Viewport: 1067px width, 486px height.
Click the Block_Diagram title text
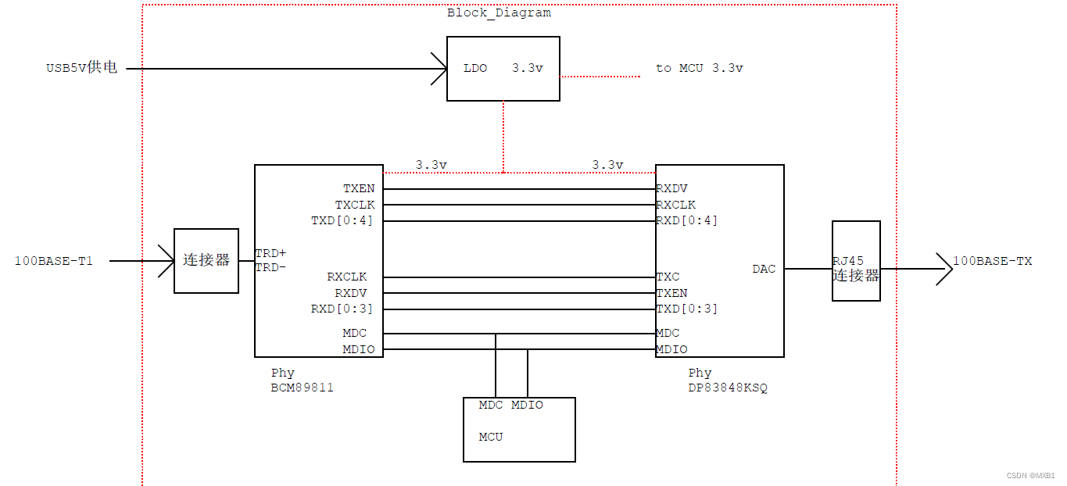pos(499,13)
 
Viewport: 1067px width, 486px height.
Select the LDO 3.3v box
pos(503,69)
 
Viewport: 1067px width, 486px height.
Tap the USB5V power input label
pos(81,68)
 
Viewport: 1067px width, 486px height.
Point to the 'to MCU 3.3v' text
pos(700,68)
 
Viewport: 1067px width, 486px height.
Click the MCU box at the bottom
pos(519,430)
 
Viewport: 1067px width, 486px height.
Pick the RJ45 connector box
pos(856,261)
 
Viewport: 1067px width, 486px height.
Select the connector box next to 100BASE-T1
pos(206,261)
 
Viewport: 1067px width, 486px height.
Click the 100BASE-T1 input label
pos(54,261)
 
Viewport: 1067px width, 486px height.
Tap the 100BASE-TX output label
pos(992,261)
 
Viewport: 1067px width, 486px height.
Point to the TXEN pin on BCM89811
pos(359,188)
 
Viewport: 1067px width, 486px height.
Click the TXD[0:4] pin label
pos(342,220)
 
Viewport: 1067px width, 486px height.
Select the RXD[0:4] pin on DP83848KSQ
pos(686,220)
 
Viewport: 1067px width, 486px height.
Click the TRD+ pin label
pos(270,254)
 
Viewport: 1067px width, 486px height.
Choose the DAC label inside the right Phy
pos(764,269)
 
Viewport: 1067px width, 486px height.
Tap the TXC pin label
pos(668,277)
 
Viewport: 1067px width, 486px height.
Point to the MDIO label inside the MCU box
pos(527,405)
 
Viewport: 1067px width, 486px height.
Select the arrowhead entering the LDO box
pos(438,69)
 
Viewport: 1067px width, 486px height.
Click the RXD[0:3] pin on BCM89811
pos(342,309)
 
